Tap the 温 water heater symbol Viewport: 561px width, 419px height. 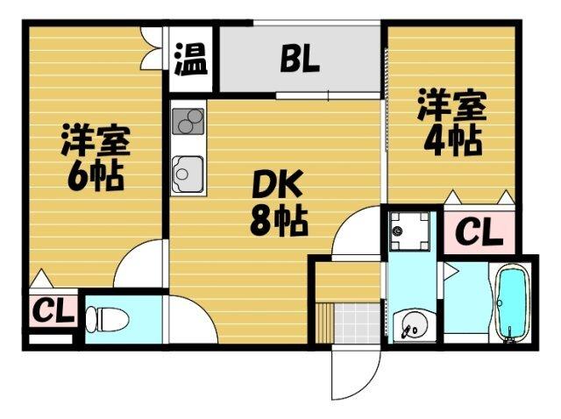click(x=190, y=60)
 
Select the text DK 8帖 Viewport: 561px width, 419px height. click(x=279, y=203)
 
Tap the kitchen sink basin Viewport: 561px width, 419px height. click(x=188, y=172)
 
